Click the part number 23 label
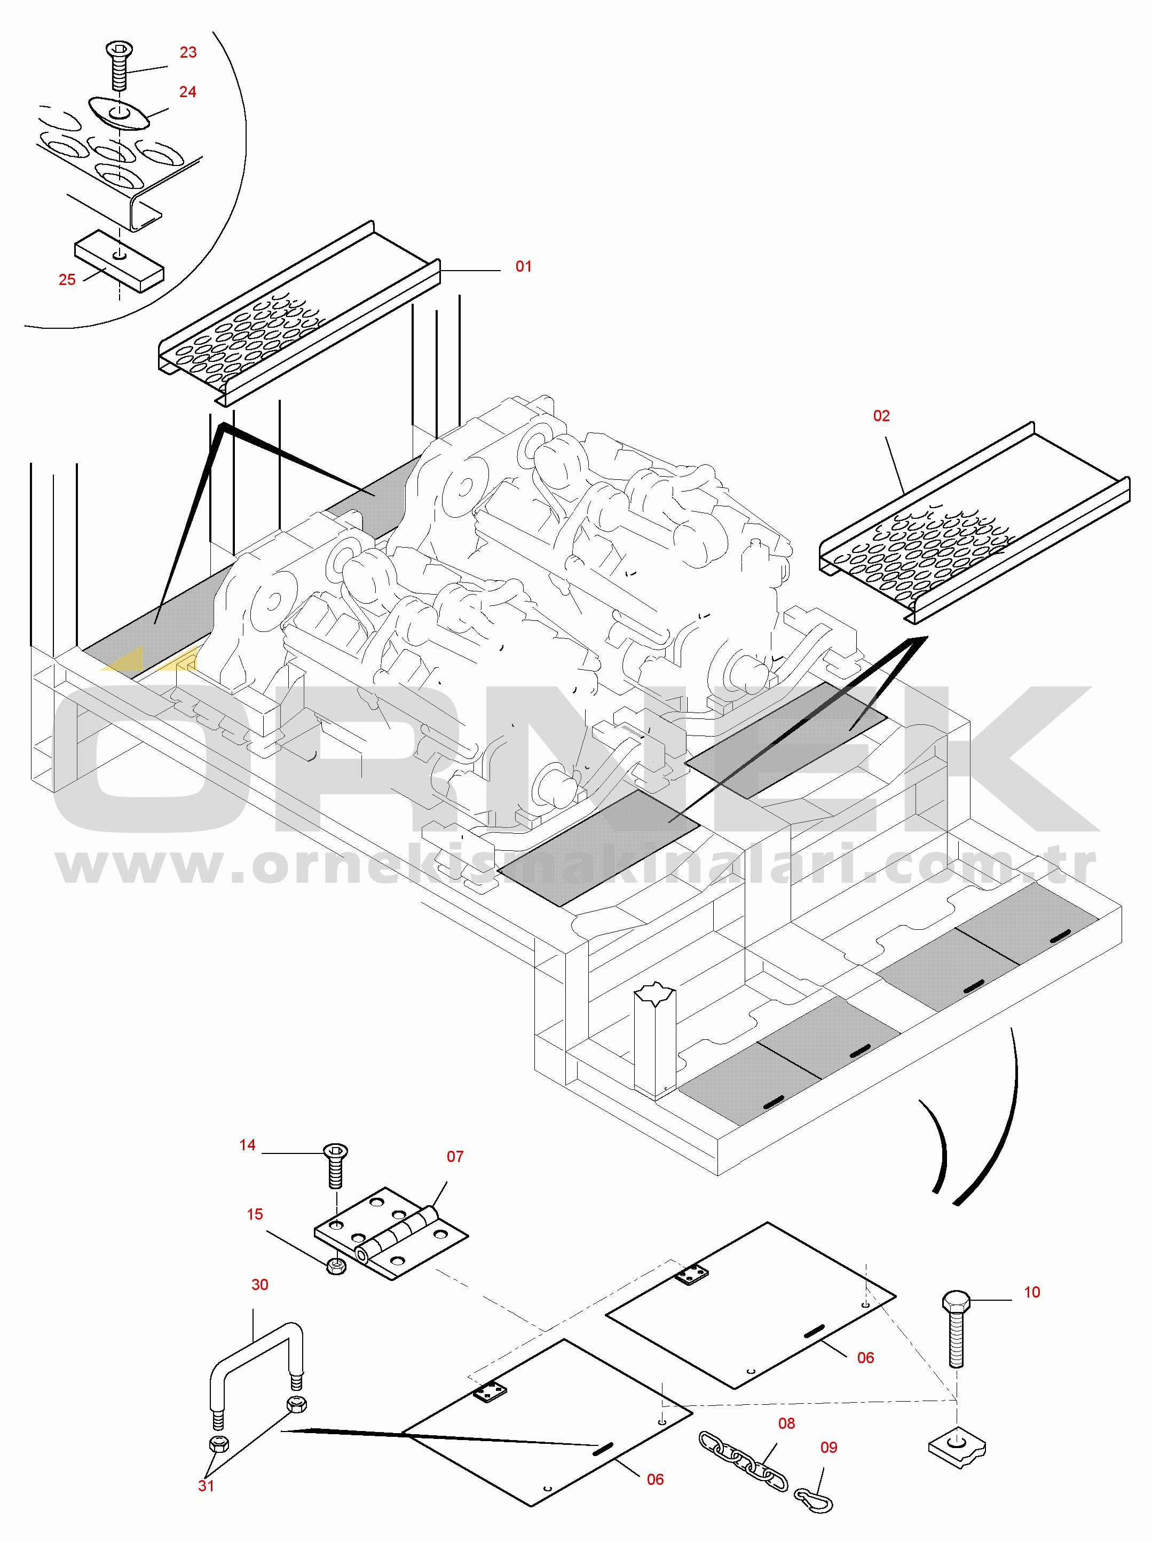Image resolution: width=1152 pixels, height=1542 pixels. click(x=188, y=52)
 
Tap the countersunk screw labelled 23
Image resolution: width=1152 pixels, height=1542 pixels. click(x=119, y=65)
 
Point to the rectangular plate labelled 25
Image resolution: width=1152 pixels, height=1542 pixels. click(x=119, y=262)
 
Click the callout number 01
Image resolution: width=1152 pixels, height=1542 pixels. click(x=524, y=266)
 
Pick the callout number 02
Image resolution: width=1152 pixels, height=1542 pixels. click(x=881, y=416)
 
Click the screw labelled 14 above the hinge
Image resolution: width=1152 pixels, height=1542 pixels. click(x=335, y=1166)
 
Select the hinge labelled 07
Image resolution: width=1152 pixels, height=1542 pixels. click(x=391, y=1234)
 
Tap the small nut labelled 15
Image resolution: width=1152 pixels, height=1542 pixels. click(x=336, y=1265)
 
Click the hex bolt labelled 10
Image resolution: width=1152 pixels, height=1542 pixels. click(x=956, y=1328)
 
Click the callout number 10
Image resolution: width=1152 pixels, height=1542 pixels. click(x=1032, y=1292)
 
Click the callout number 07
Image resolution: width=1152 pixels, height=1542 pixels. click(x=455, y=1157)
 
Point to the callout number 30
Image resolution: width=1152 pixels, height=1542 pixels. click(x=260, y=1285)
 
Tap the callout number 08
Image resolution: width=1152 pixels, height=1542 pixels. click(x=787, y=1424)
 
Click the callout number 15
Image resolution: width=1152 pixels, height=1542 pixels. click(x=255, y=1214)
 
